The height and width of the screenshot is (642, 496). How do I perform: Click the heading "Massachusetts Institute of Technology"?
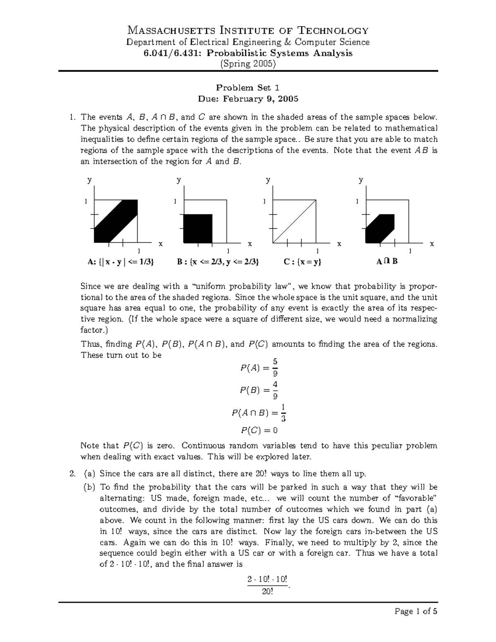coord(248,30)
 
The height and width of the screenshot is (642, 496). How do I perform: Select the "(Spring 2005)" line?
coord(248,64)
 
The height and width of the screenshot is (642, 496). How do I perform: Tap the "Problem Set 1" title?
coord(248,88)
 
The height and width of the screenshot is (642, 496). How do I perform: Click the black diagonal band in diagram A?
coord(116,221)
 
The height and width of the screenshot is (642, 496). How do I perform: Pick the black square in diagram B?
coord(198,229)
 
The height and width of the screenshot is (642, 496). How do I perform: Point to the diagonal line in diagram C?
coord(294,222)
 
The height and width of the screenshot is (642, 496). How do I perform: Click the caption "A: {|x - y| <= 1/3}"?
coord(120,262)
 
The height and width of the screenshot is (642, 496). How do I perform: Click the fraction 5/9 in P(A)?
coord(269,367)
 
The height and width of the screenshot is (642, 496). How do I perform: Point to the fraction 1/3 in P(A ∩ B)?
coord(283,413)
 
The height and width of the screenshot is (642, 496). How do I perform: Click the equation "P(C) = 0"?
coord(259,430)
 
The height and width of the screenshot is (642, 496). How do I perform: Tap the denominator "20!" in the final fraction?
coord(267,592)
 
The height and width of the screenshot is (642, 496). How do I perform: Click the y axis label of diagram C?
coord(268,180)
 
